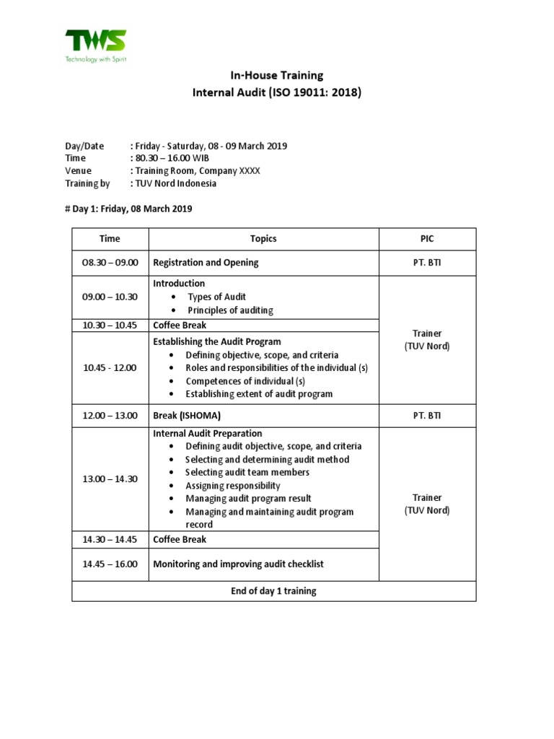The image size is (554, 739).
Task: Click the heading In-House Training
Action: click(x=276, y=75)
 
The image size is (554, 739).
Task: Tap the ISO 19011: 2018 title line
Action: click(x=276, y=92)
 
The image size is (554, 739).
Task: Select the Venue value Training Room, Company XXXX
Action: click(x=195, y=170)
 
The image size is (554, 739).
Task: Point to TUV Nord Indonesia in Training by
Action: click(x=173, y=183)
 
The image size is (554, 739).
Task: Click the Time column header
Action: click(x=110, y=239)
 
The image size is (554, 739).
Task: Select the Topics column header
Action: click(x=263, y=239)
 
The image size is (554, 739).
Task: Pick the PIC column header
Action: click(x=427, y=239)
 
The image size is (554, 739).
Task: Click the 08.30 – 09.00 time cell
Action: click(x=110, y=263)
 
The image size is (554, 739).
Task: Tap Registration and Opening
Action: click(x=206, y=263)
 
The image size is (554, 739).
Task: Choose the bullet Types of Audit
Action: click(x=216, y=297)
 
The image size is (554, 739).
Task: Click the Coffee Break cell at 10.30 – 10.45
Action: click(x=180, y=325)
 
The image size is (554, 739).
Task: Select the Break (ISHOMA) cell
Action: click(x=186, y=416)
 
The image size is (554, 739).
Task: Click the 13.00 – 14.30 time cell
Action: click(x=110, y=479)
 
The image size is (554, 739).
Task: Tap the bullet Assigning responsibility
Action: click(x=233, y=486)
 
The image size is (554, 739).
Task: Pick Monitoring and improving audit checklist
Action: click(x=238, y=564)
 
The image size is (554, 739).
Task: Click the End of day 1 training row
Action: click(x=273, y=591)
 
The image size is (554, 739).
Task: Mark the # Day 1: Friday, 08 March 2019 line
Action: click(x=128, y=209)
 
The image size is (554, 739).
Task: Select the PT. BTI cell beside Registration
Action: click(x=427, y=263)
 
